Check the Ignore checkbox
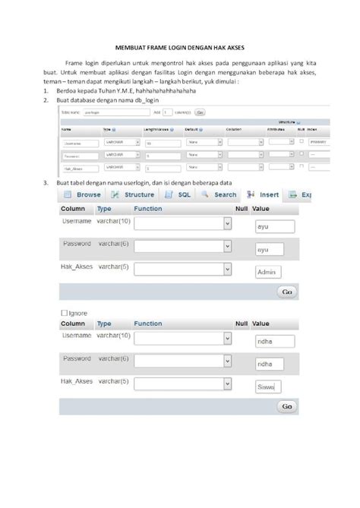pos(64,313)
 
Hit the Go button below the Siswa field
pos(286,407)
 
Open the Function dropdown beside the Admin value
pos(182,270)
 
